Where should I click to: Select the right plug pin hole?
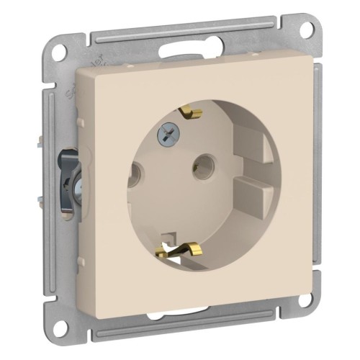pyautogui.click(x=203, y=167)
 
